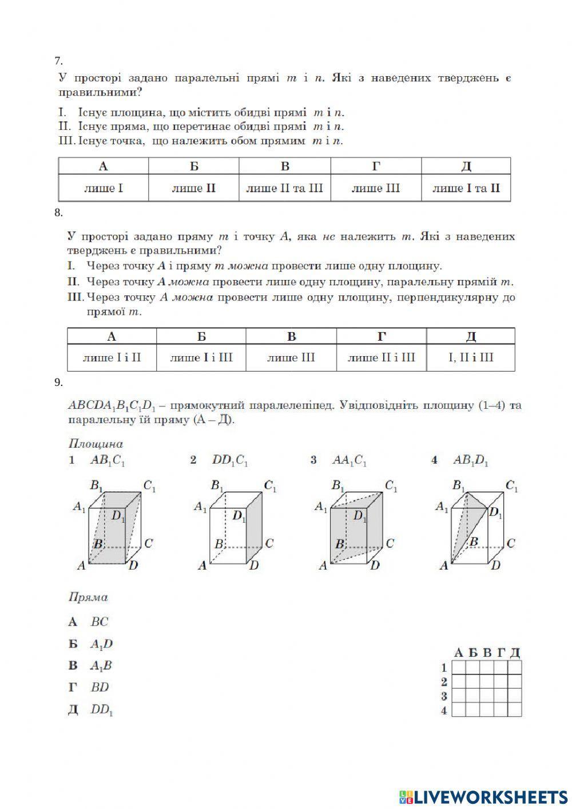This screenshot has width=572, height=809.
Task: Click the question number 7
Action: [58, 61]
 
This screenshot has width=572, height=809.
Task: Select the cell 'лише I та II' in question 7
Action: [466, 188]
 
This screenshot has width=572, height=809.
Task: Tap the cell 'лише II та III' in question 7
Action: [284, 188]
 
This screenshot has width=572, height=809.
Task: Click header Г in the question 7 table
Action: [376, 166]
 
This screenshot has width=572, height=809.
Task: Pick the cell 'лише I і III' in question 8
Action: [201, 358]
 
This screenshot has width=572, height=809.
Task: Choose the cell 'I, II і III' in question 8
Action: [470, 358]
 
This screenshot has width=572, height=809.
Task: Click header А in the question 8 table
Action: [112, 336]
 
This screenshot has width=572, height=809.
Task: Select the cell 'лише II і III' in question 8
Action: [382, 358]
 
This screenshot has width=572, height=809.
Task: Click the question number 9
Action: [58, 383]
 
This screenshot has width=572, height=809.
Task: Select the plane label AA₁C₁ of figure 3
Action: [349, 460]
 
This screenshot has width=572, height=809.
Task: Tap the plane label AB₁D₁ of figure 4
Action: [471, 460]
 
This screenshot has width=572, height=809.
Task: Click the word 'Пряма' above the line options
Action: [88, 597]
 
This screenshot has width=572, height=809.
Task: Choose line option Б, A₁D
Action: [101, 644]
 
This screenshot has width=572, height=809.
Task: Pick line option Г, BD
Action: [100, 687]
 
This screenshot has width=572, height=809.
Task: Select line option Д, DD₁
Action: [102, 709]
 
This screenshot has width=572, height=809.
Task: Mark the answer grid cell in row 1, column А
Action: [458, 667]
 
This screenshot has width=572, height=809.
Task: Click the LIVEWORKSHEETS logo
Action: [483, 796]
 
